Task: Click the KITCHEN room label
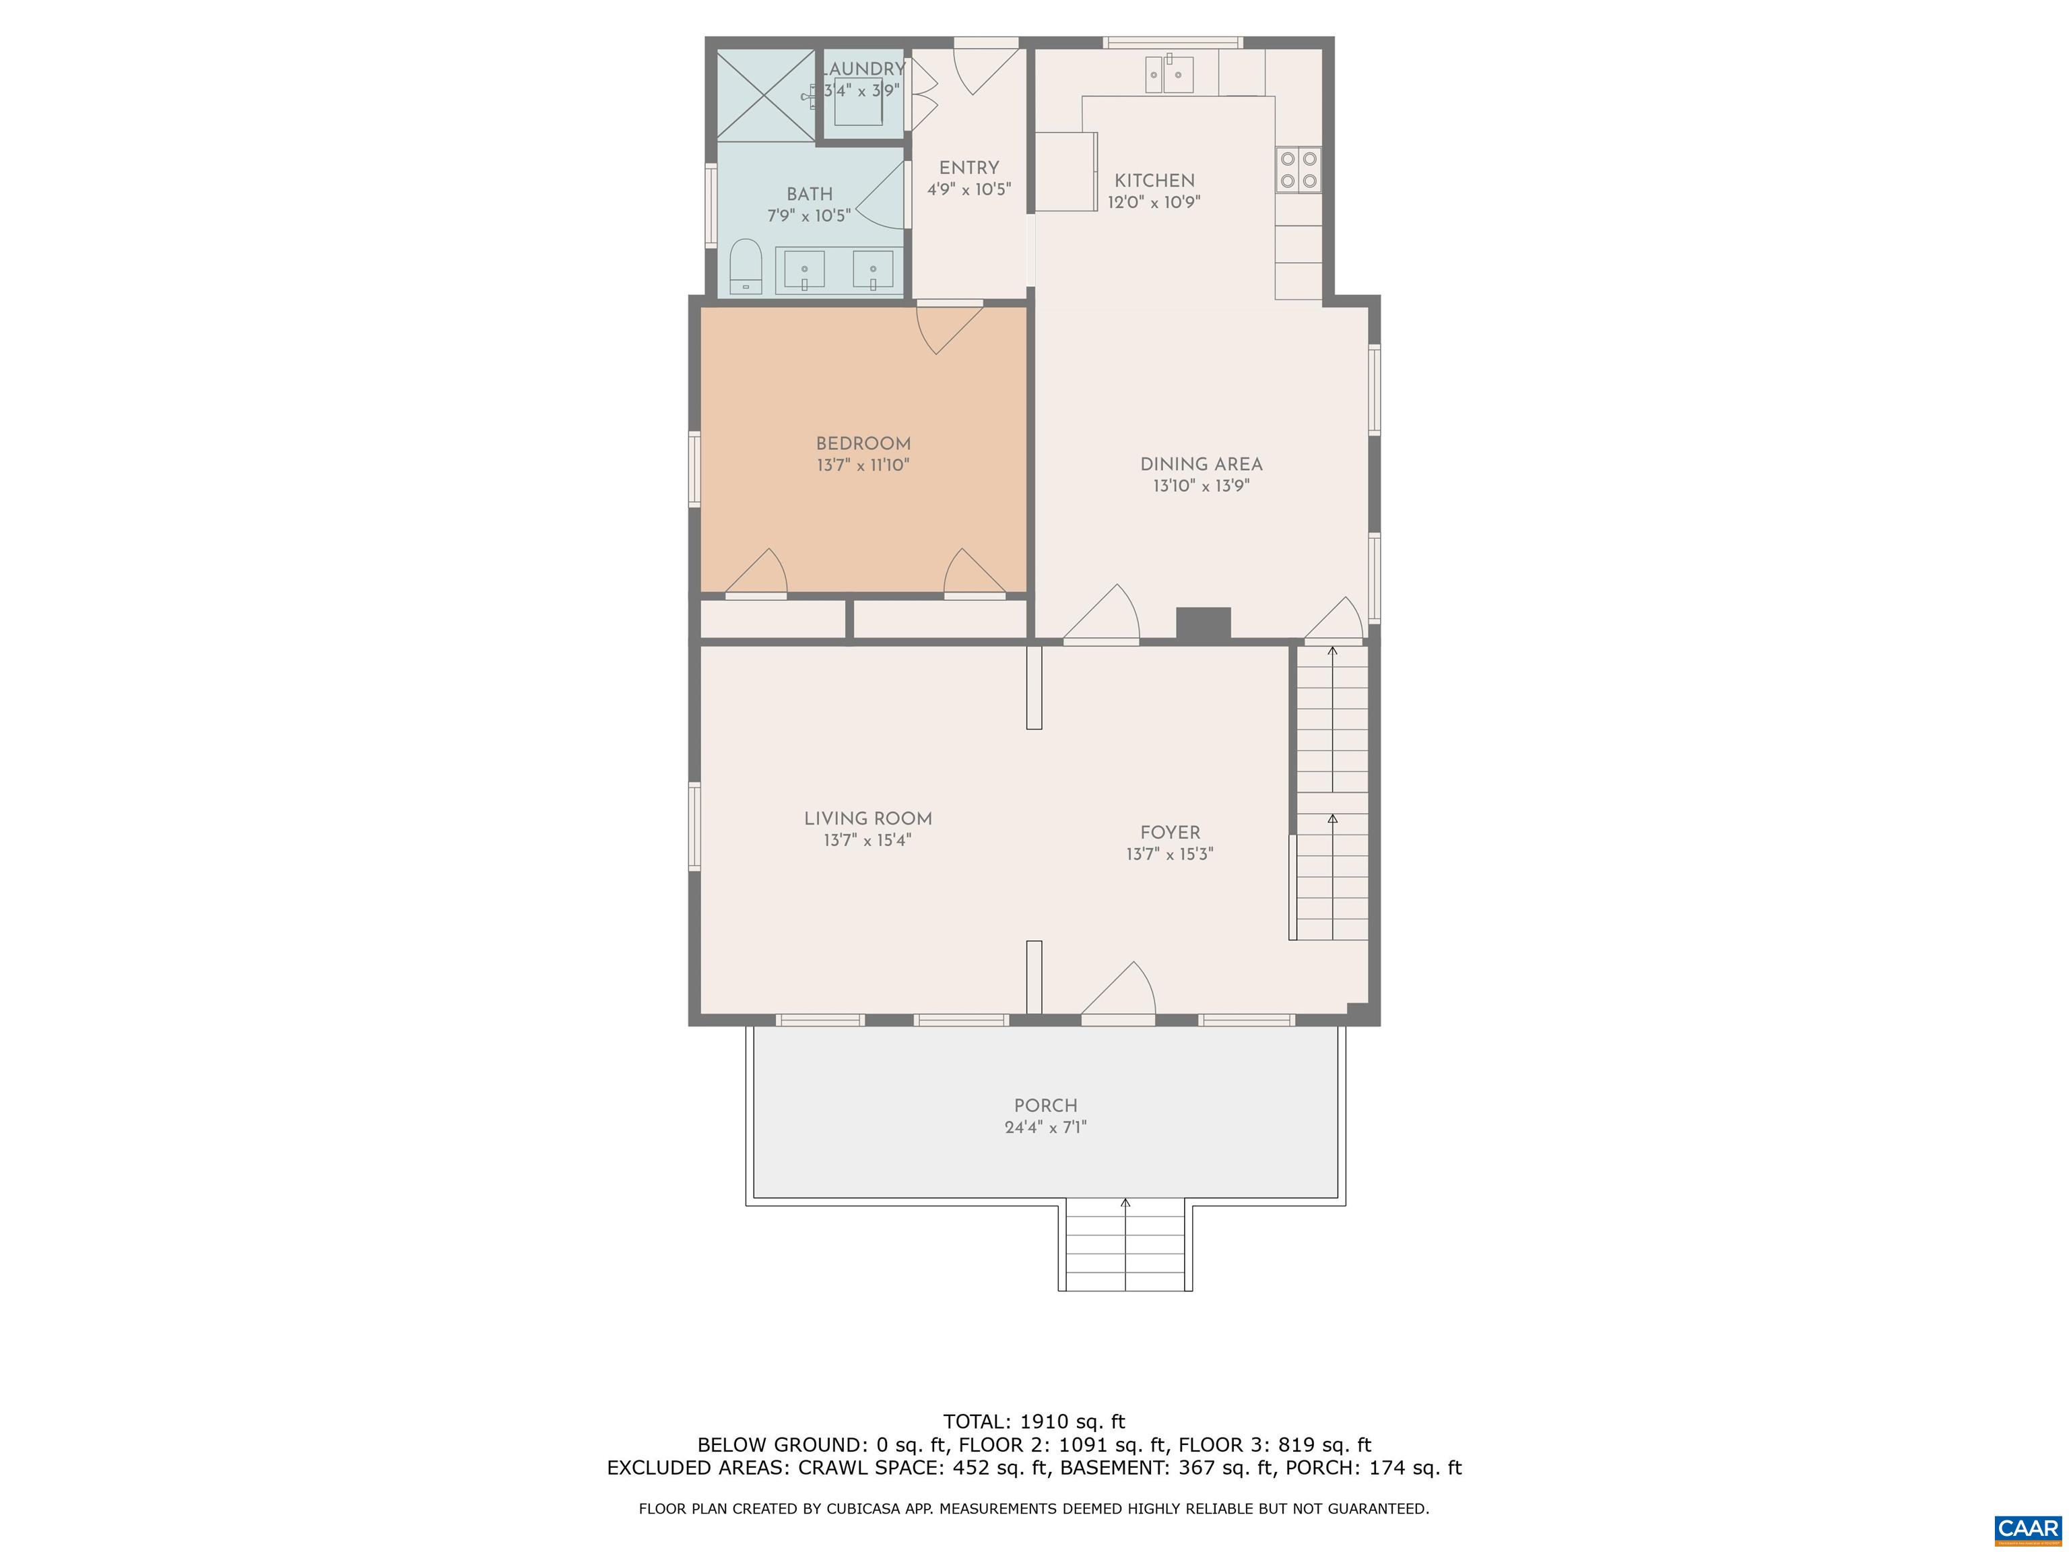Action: tap(1154, 181)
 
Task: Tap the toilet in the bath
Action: tap(746, 267)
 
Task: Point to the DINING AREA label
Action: tap(1201, 464)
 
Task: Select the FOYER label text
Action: tap(1170, 833)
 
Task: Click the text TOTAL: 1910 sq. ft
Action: tap(1034, 1422)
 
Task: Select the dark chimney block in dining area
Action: tap(1203, 624)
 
